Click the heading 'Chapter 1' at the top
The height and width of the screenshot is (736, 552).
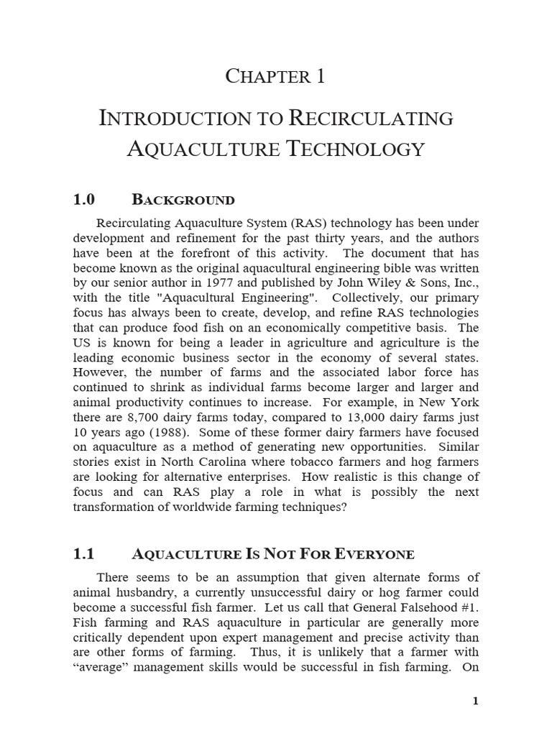(x=275, y=76)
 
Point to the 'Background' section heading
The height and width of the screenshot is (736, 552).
(x=183, y=200)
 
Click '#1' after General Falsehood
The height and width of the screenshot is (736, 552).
(x=465, y=608)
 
